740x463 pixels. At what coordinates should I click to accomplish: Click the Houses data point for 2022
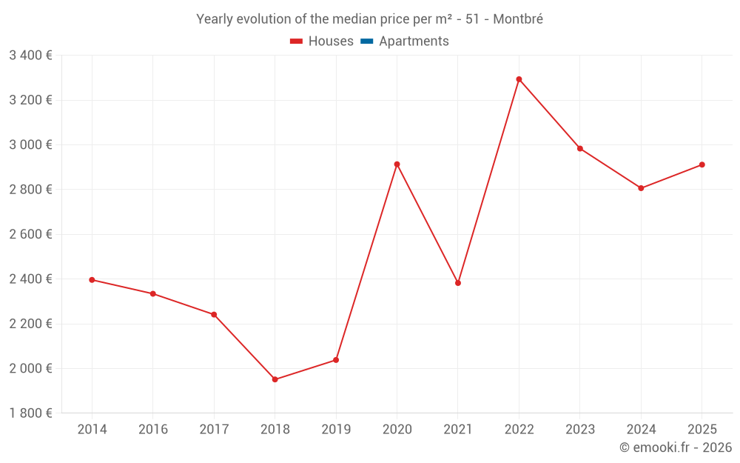(x=519, y=79)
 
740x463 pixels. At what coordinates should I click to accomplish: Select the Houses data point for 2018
(x=275, y=379)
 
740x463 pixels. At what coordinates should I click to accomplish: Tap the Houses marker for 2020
(x=397, y=164)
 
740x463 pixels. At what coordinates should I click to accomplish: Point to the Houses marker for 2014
(x=92, y=280)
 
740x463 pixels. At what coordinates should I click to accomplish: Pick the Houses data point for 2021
(x=458, y=283)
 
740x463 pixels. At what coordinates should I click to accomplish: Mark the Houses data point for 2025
(x=702, y=164)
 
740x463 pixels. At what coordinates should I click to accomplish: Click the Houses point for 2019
(x=336, y=360)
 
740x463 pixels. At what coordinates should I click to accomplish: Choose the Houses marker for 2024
(x=641, y=188)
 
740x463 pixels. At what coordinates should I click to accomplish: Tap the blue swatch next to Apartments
(x=366, y=41)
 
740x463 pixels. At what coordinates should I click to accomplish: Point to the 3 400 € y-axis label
(x=30, y=56)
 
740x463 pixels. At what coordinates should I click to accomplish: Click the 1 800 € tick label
(x=30, y=413)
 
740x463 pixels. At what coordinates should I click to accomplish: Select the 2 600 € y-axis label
(x=30, y=234)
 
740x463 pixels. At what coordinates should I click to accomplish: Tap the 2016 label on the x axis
(x=152, y=430)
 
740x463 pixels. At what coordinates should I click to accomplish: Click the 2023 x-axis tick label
(x=580, y=430)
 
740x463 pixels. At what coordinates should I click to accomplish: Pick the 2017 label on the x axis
(x=214, y=430)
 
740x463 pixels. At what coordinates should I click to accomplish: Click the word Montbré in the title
(x=518, y=19)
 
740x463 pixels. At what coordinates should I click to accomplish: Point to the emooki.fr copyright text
(x=676, y=447)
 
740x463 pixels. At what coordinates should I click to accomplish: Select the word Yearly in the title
(x=214, y=19)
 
